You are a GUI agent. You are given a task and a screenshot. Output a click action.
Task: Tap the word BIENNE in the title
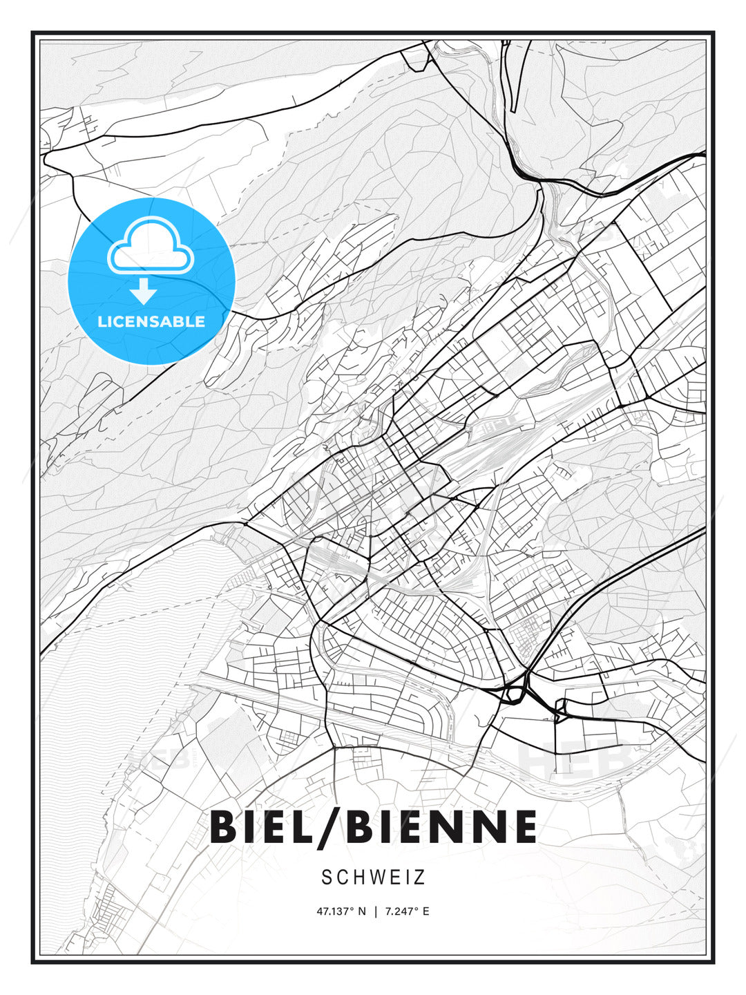442,826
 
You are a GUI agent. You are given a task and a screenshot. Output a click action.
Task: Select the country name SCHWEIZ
373,877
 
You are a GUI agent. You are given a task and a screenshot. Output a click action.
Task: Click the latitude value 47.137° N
341,911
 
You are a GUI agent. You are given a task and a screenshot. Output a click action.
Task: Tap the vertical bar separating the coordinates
375,911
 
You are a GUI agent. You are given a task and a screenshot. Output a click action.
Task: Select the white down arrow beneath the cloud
144,292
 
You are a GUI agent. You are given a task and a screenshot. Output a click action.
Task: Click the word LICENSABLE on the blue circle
151,321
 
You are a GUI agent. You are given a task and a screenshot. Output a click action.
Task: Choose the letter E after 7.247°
425,911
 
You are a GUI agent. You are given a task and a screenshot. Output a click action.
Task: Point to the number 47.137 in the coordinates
333,911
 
